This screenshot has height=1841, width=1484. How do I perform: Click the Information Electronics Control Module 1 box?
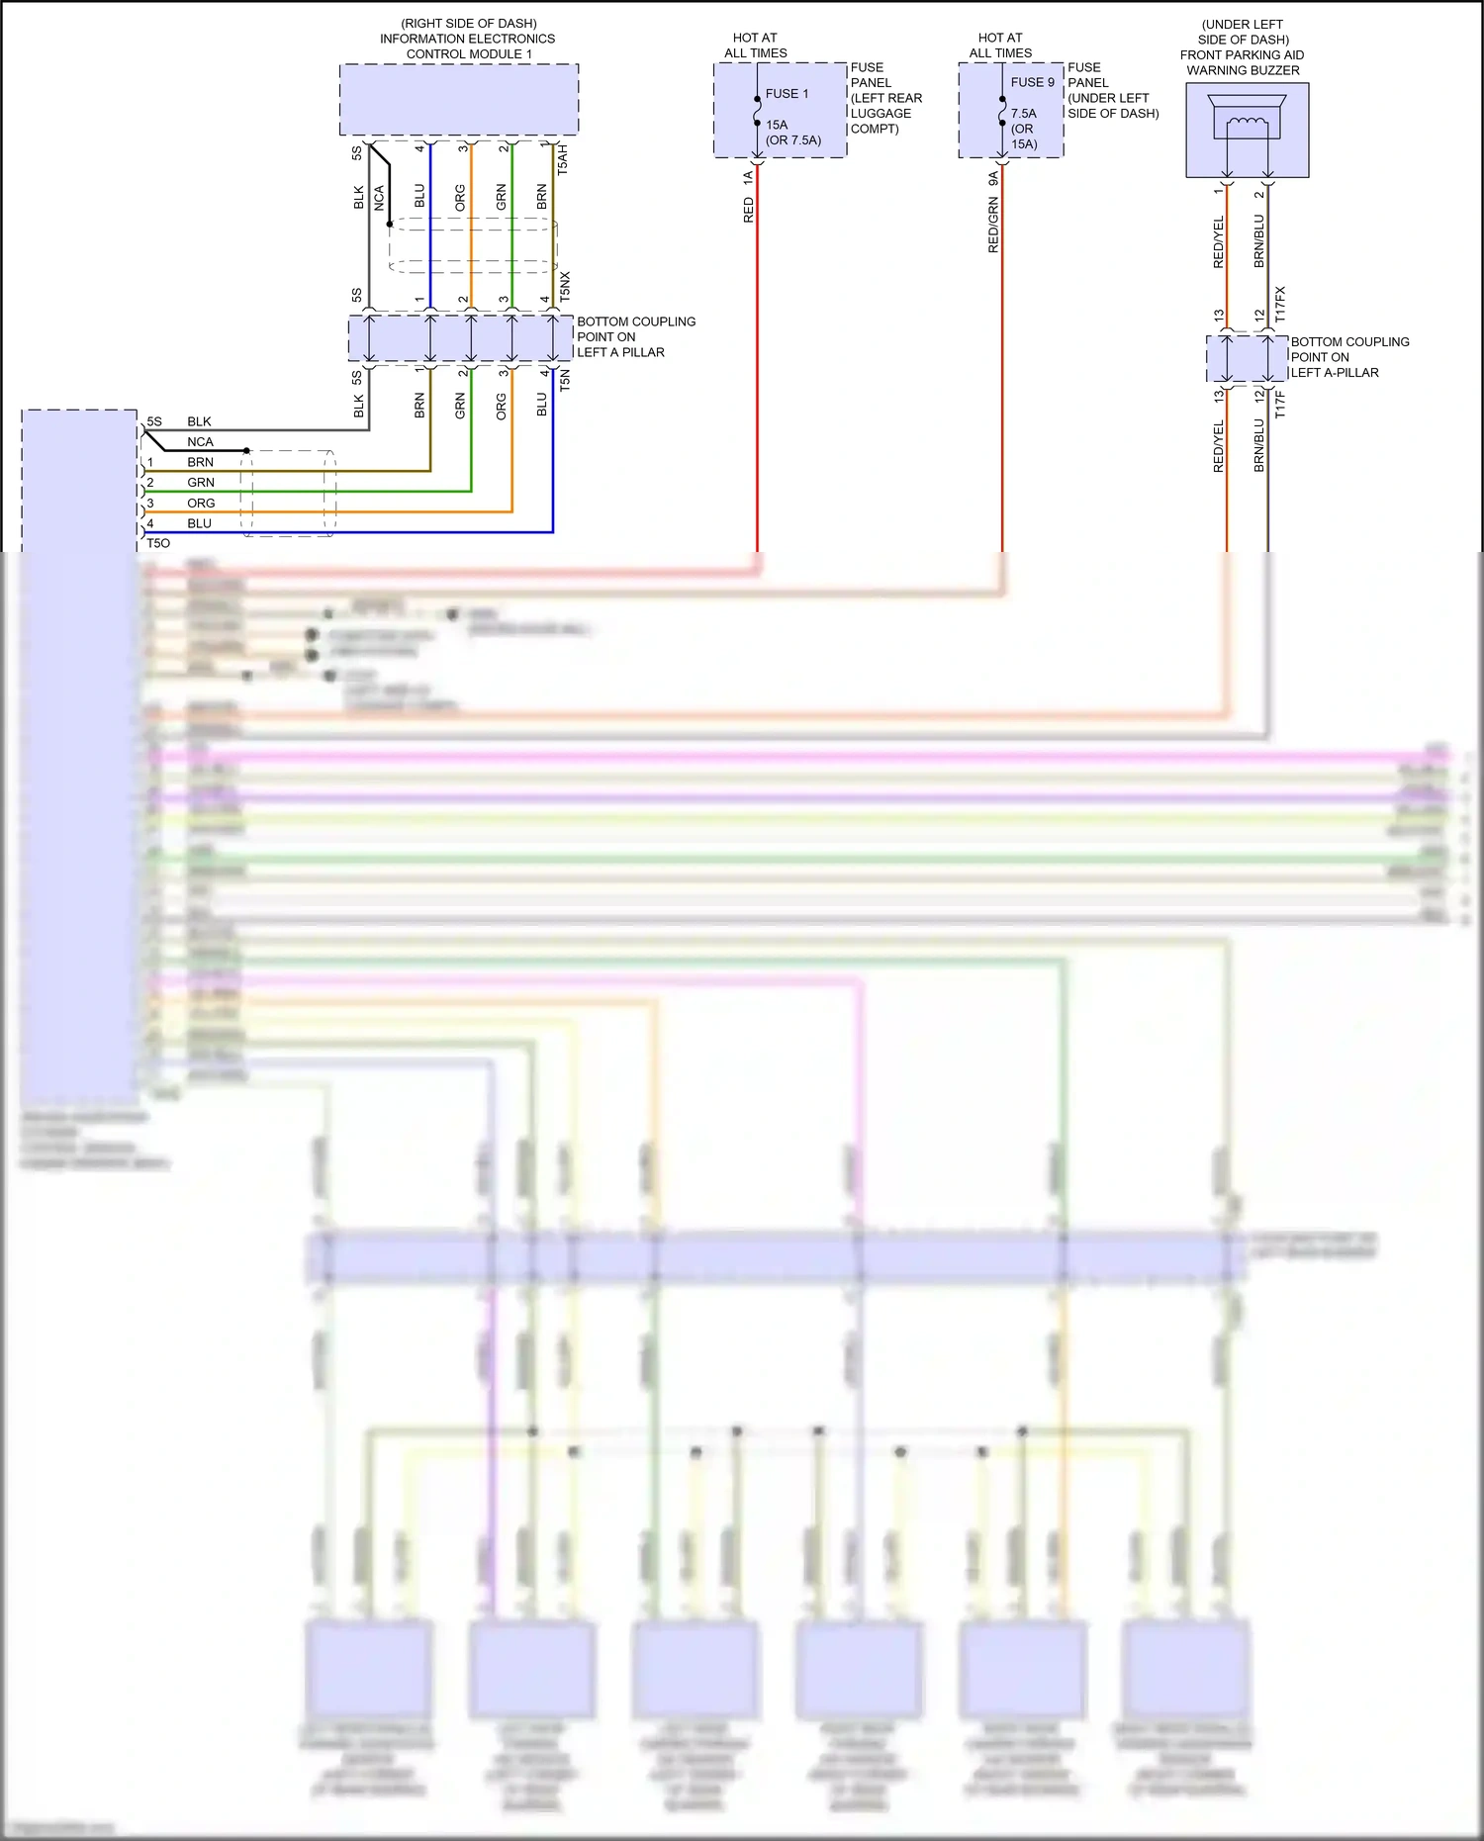point(459,100)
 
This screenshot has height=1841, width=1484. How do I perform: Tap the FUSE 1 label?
point(787,94)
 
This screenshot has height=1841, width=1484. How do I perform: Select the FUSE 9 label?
point(1032,83)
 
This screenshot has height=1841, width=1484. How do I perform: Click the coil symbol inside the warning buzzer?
point(1246,123)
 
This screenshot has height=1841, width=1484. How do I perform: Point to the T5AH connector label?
point(563,159)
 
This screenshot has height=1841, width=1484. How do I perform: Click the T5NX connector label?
point(565,287)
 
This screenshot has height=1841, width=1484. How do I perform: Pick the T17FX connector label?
point(1280,305)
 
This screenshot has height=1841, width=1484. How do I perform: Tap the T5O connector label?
point(158,543)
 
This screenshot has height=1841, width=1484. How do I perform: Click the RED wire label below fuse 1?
point(749,210)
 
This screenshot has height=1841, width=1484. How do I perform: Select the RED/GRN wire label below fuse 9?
point(993,226)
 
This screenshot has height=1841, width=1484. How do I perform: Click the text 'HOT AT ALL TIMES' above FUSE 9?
point(1000,46)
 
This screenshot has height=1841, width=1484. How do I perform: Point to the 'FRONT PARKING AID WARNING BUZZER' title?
point(1243,62)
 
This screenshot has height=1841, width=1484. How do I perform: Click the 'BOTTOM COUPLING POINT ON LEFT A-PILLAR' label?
point(1348,357)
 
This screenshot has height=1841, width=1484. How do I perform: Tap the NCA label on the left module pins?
point(200,442)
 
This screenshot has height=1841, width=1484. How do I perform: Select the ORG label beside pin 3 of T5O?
point(201,504)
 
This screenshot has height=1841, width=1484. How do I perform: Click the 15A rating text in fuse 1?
point(777,125)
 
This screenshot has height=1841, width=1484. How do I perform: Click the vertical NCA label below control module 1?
point(379,198)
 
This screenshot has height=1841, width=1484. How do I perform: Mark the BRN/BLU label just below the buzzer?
point(1259,241)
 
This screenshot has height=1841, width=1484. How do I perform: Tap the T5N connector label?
point(565,380)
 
